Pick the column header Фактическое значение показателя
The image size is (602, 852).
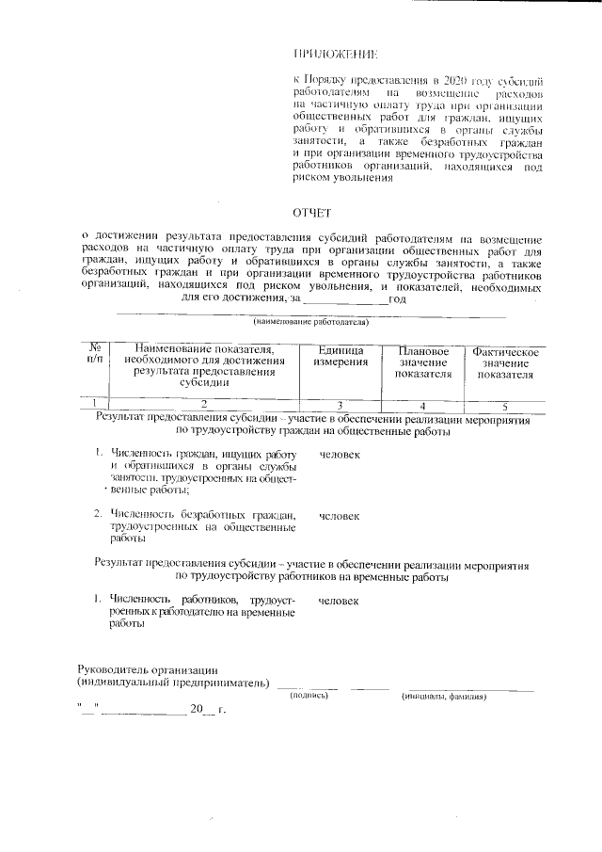505,362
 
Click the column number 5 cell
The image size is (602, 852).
505,405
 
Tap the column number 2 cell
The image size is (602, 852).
204,405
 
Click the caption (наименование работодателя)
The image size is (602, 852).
304,322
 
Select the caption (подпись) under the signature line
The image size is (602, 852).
308,697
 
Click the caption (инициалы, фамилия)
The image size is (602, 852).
442,697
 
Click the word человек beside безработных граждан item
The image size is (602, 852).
339,516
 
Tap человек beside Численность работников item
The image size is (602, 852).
339,599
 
